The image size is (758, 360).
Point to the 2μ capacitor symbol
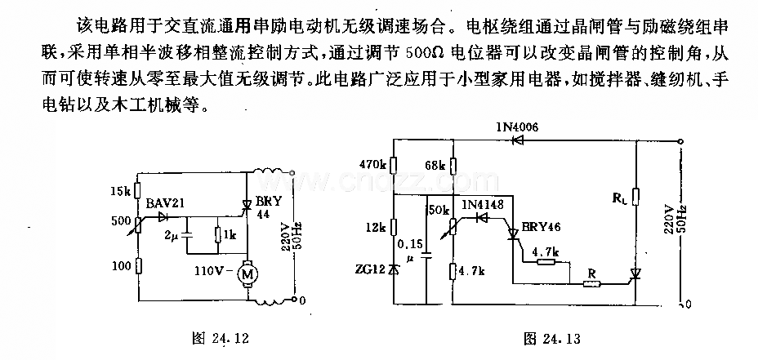186,235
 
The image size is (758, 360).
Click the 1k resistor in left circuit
218,235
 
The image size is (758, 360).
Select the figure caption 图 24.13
552,339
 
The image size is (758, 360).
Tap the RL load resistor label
619,197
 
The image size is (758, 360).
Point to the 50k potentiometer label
438,210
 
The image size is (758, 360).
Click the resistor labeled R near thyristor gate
592,284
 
